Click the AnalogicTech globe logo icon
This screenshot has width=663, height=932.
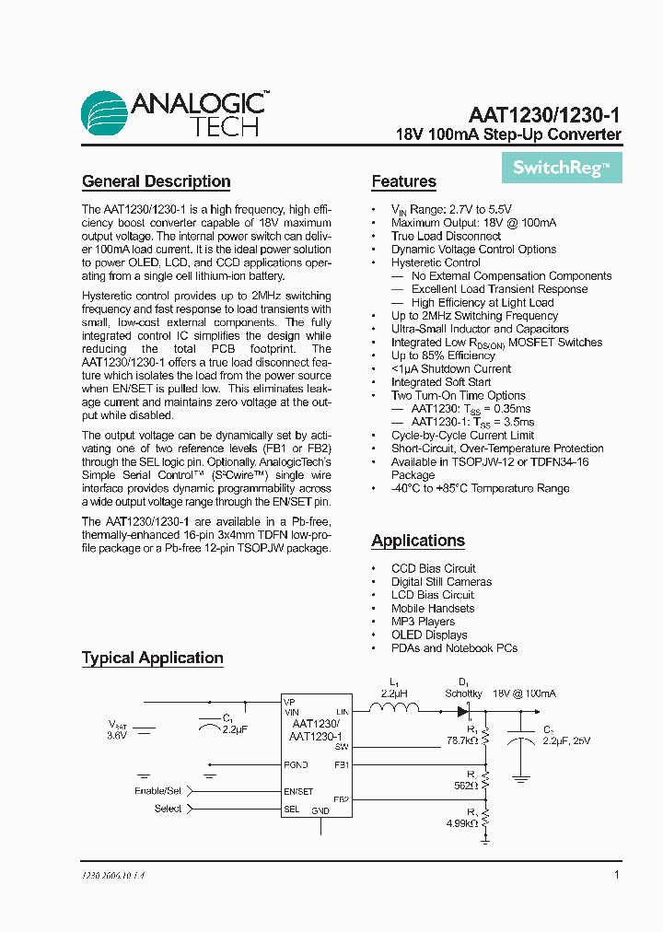(103, 114)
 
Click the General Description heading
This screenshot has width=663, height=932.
(156, 181)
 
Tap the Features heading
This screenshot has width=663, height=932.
(403, 181)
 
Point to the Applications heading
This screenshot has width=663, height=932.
(417, 541)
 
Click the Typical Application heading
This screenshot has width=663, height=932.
(152, 658)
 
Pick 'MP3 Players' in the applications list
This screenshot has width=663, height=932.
(423, 622)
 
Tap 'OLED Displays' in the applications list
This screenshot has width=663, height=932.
(429, 635)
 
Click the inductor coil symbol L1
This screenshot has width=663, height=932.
(394, 708)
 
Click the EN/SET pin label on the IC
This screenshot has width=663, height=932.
(299, 791)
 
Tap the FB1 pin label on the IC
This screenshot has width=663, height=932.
(341, 764)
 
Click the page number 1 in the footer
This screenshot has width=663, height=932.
(616, 875)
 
